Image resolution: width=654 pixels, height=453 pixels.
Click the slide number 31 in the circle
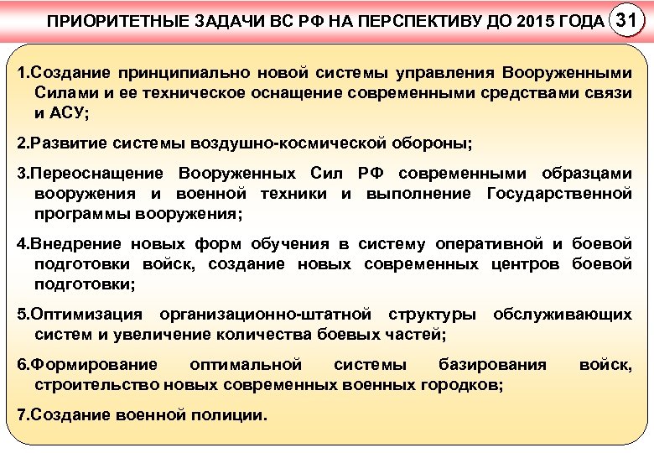[628, 20]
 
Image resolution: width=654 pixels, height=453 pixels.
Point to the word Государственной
[558, 194]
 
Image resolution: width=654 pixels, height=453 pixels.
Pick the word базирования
[492, 365]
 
